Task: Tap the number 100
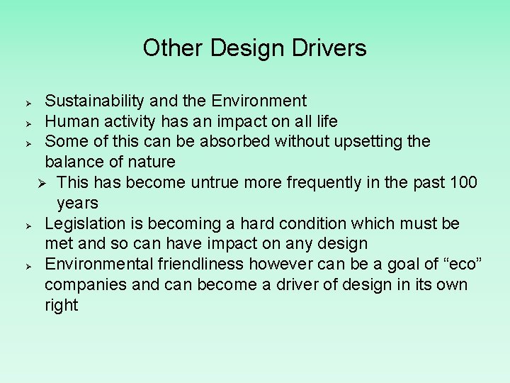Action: pos(464,183)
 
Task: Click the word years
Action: pos(77,204)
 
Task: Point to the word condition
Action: pos(313,224)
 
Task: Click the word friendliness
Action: pos(186,265)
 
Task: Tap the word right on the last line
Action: pos(61,306)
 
